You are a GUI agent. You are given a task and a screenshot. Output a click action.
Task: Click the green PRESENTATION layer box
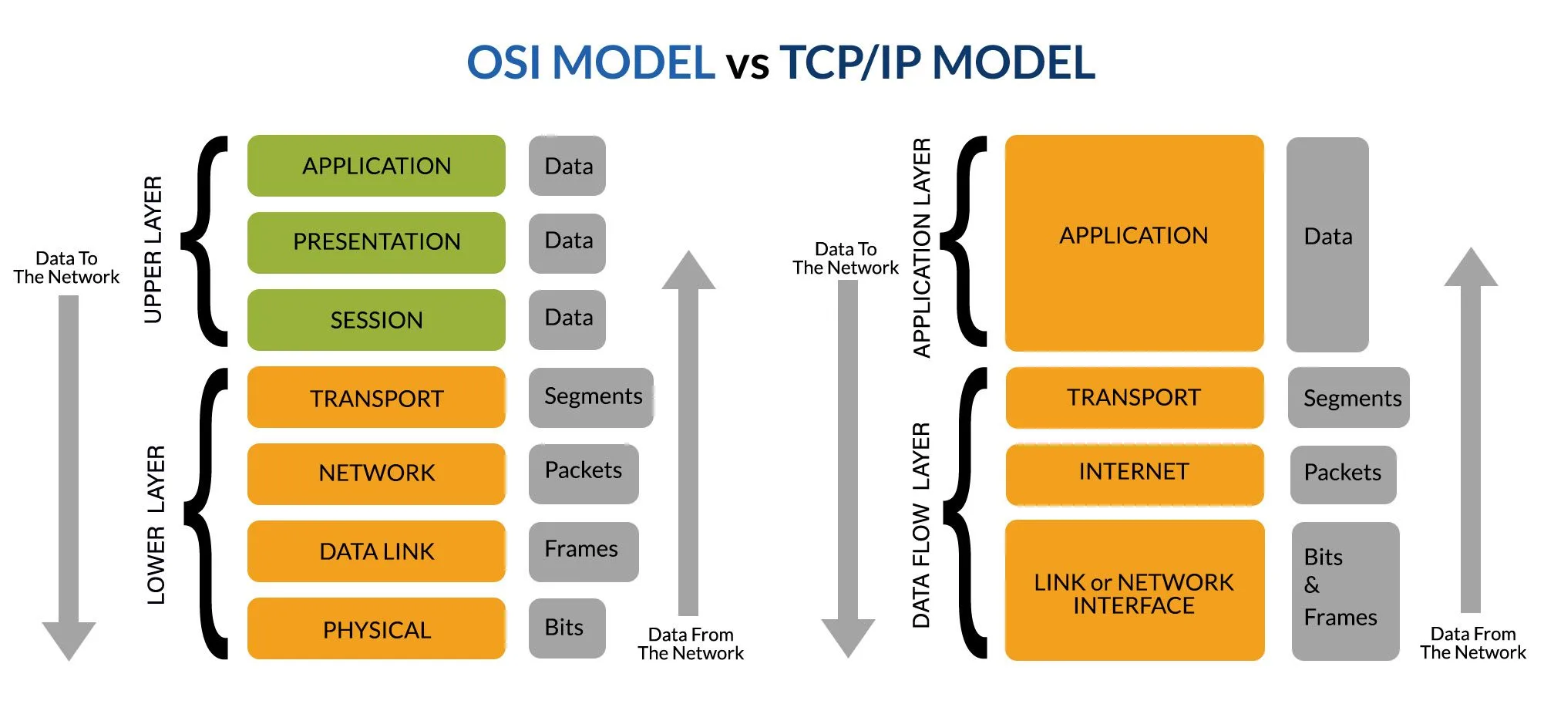click(x=376, y=242)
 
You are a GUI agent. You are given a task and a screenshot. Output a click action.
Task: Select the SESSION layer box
click(x=376, y=320)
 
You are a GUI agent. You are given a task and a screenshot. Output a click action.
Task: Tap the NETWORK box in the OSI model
click(x=376, y=473)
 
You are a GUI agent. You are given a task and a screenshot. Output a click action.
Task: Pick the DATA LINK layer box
click(x=376, y=551)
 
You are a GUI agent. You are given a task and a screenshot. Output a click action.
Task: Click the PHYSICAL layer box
click(x=376, y=629)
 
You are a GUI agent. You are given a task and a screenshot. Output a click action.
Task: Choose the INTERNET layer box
click(x=1134, y=473)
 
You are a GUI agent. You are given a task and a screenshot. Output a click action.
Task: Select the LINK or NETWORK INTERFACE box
click(x=1134, y=591)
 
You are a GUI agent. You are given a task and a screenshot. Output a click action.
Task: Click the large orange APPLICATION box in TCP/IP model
click(x=1134, y=242)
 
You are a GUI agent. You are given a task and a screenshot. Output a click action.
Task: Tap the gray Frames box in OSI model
click(x=583, y=551)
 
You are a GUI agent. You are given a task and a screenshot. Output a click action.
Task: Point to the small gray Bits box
click(x=566, y=628)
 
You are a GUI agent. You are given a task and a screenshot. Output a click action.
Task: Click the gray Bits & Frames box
click(x=1344, y=591)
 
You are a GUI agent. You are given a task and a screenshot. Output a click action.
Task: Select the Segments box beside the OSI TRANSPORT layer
click(x=590, y=397)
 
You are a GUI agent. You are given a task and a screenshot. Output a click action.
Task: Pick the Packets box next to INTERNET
click(x=1343, y=474)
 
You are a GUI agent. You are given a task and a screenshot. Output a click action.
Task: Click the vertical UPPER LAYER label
click(x=153, y=248)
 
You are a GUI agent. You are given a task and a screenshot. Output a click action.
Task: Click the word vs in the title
click(x=747, y=65)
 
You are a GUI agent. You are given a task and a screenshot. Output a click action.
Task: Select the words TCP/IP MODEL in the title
click(x=937, y=62)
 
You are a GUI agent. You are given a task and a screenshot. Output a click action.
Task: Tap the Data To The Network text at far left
click(x=66, y=268)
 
